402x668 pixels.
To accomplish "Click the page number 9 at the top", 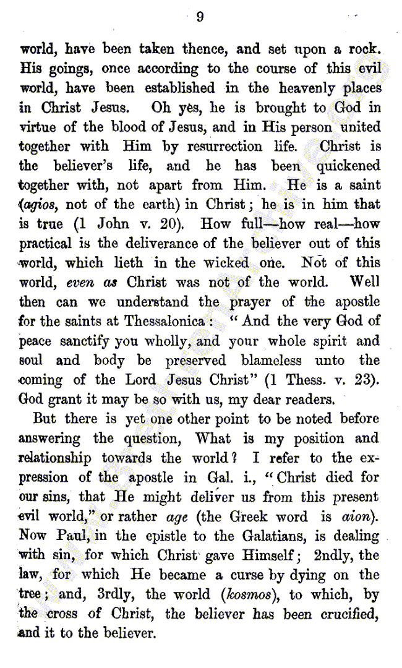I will (200, 17).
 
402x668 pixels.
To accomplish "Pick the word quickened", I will (349, 166).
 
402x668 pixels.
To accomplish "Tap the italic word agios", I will (41, 205).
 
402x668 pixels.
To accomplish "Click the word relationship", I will (55, 458).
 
